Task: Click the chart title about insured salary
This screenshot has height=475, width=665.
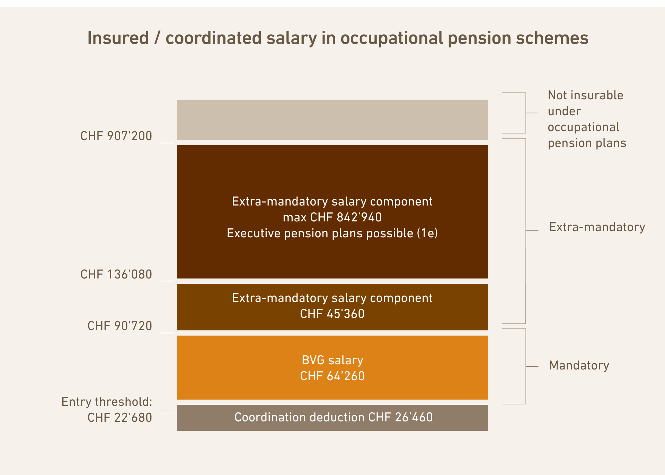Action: pos(338,38)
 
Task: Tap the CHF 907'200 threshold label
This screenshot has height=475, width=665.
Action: pos(116,136)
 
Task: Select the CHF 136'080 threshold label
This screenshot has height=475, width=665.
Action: pos(116,274)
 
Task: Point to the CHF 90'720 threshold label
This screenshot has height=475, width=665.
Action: pos(119,326)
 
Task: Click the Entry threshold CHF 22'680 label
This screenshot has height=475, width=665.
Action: pos(107,410)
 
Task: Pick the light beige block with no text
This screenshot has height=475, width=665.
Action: pos(332,120)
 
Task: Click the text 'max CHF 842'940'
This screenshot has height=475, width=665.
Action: pos(332,217)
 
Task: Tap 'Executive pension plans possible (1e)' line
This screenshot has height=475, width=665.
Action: pos(332,233)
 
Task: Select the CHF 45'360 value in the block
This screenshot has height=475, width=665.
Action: pos(332,314)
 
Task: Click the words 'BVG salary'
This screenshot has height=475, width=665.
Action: pos(332,360)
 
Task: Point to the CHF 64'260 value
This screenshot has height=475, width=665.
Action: pos(332,376)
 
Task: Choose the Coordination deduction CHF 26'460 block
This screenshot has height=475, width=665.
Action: pos(332,417)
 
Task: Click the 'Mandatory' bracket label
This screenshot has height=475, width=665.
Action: pos(579,365)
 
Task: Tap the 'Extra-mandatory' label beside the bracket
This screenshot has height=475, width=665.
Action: pos(597,227)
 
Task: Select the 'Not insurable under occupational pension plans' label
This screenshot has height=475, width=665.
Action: pos(587,119)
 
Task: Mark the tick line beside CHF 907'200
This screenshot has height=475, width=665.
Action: pos(167,143)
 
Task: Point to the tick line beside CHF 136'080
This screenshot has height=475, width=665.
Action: pos(167,281)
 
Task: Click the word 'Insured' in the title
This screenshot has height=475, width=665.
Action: pos(118,38)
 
